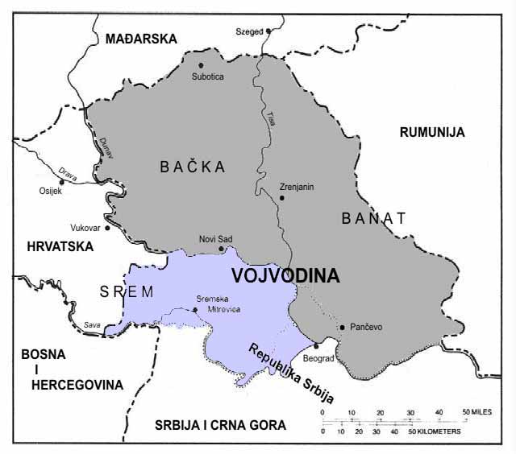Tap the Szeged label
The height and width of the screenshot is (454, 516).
pyautogui.click(x=249, y=31)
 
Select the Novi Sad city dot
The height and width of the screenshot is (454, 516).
pyautogui.click(x=221, y=249)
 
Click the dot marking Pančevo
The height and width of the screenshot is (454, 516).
pyautogui.click(x=343, y=328)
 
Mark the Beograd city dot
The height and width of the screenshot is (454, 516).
pyautogui.click(x=317, y=345)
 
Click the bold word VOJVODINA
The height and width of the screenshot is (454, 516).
pyautogui.click(x=285, y=275)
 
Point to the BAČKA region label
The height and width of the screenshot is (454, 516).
pyautogui.click(x=192, y=167)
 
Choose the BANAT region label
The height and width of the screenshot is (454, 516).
pyautogui.click(x=373, y=217)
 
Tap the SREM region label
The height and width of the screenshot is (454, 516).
pyautogui.click(x=126, y=292)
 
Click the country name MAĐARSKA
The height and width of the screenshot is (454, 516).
pyautogui.click(x=135, y=38)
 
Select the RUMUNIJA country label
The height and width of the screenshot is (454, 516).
pyautogui.click(x=432, y=133)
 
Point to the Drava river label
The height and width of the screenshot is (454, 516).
pyautogui.click(x=66, y=171)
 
